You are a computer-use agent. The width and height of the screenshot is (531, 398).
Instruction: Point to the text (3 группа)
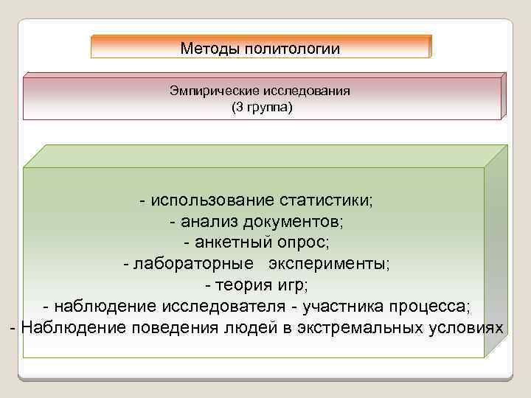(262, 108)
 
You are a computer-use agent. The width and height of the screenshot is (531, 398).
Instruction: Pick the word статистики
(327, 200)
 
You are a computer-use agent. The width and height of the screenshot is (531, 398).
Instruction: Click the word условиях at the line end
(466, 327)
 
